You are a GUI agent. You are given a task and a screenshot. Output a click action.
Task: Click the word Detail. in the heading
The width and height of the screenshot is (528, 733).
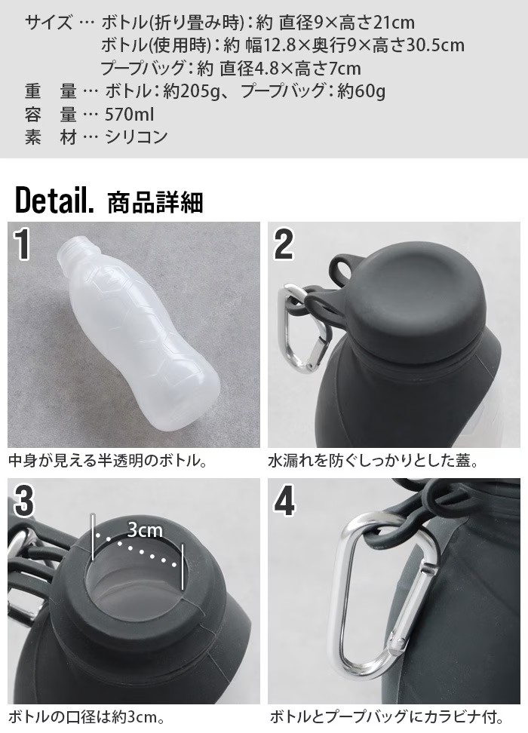pos(54,200)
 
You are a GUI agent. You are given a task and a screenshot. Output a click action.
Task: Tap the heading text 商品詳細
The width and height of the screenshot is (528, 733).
pos(155,202)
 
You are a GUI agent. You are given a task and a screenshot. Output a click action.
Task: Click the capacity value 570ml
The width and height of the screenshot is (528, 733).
pos(129,114)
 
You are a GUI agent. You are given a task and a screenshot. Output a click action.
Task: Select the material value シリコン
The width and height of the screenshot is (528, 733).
pos(136,137)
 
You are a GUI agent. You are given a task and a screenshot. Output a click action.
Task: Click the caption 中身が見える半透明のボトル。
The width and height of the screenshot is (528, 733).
pos(109,462)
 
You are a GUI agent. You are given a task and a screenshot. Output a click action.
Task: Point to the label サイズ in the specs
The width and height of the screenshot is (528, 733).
pos(48,23)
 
